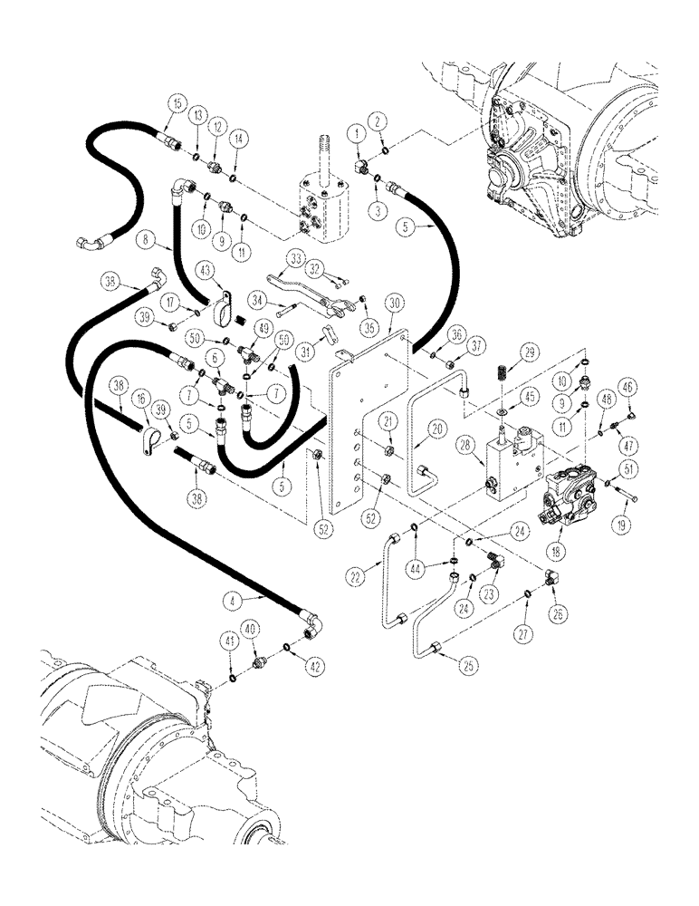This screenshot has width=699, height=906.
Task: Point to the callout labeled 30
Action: [392, 302]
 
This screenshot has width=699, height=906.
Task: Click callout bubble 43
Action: [207, 269]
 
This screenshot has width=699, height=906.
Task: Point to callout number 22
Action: [354, 574]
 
